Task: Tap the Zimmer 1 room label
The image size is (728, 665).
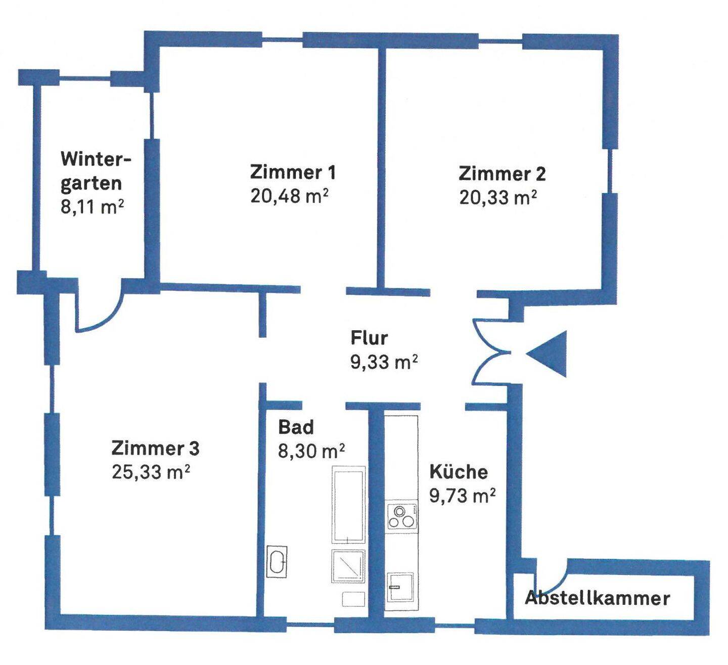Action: (293, 172)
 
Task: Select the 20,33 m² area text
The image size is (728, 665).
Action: (498, 198)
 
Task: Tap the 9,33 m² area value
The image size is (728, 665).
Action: (384, 362)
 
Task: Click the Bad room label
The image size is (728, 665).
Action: (296, 427)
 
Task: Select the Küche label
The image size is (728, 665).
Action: (459, 471)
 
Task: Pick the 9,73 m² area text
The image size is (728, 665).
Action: (463, 495)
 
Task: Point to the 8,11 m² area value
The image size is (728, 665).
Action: (92, 207)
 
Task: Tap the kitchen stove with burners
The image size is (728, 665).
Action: (401, 516)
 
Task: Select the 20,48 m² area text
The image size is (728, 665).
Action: (290, 196)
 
